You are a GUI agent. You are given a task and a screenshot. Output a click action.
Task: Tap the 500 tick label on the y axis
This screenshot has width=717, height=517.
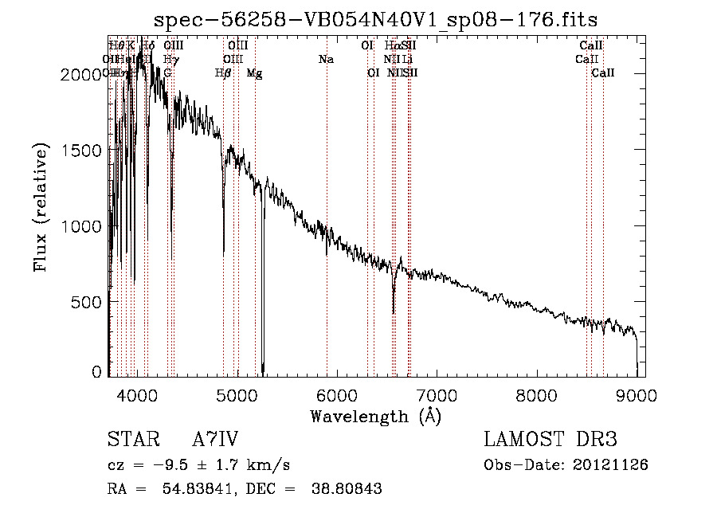click(x=88, y=303)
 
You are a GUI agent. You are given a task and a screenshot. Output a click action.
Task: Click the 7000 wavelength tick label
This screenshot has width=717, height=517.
click(x=437, y=395)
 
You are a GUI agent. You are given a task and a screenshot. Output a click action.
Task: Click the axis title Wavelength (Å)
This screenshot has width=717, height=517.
click(x=375, y=416)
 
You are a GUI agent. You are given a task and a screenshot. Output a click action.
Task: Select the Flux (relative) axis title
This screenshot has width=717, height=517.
click(x=41, y=208)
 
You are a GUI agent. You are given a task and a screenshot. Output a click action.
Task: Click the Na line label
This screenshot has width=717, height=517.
click(x=326, y=60)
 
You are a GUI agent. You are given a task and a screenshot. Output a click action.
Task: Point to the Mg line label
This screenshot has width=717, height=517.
click(x=254, y=73)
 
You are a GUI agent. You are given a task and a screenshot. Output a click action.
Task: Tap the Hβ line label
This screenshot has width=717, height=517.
click(x=224, y=73)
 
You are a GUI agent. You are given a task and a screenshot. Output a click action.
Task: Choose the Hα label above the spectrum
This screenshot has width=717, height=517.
click(x=392, y=46)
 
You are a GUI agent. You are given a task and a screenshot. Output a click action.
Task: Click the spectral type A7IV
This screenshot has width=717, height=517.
click(x=215, y=441)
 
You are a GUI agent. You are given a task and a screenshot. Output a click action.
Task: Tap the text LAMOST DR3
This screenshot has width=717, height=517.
click(x=550, y=440)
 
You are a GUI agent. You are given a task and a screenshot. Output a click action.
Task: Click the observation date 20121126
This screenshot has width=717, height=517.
click(x=617, y=464)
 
